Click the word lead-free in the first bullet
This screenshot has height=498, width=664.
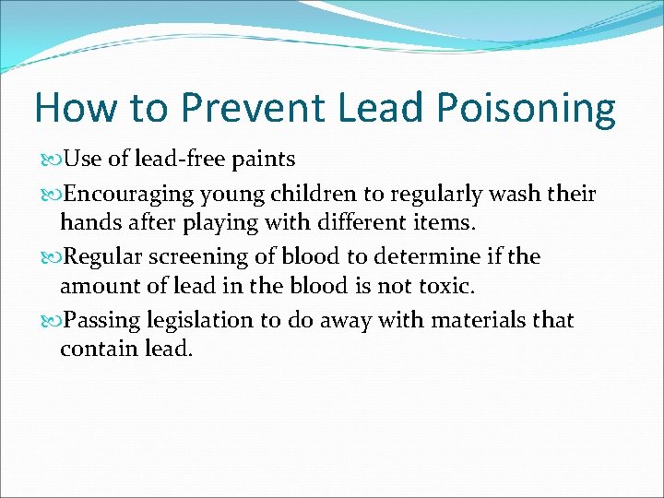pyautogui.click(x=180, y=160)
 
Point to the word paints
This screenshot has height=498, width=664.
pyautogui.click(x=264, y=160)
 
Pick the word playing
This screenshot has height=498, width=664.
pyautogui.click(x=218, y=224)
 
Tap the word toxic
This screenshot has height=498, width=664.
pyautogui.click(x=445, y=286)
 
